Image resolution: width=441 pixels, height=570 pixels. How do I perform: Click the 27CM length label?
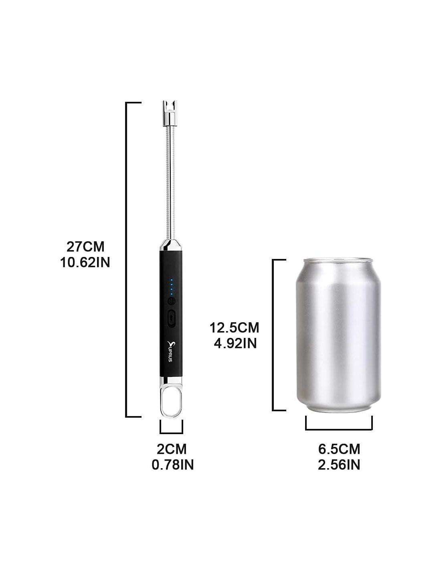click(x=85, y=247)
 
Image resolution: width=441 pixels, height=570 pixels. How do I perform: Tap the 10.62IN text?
click(x=85, y=262)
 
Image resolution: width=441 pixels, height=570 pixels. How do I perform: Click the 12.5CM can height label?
click(x=234, y=327)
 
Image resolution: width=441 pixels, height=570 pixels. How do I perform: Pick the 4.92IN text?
click(x=235, y=344)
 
